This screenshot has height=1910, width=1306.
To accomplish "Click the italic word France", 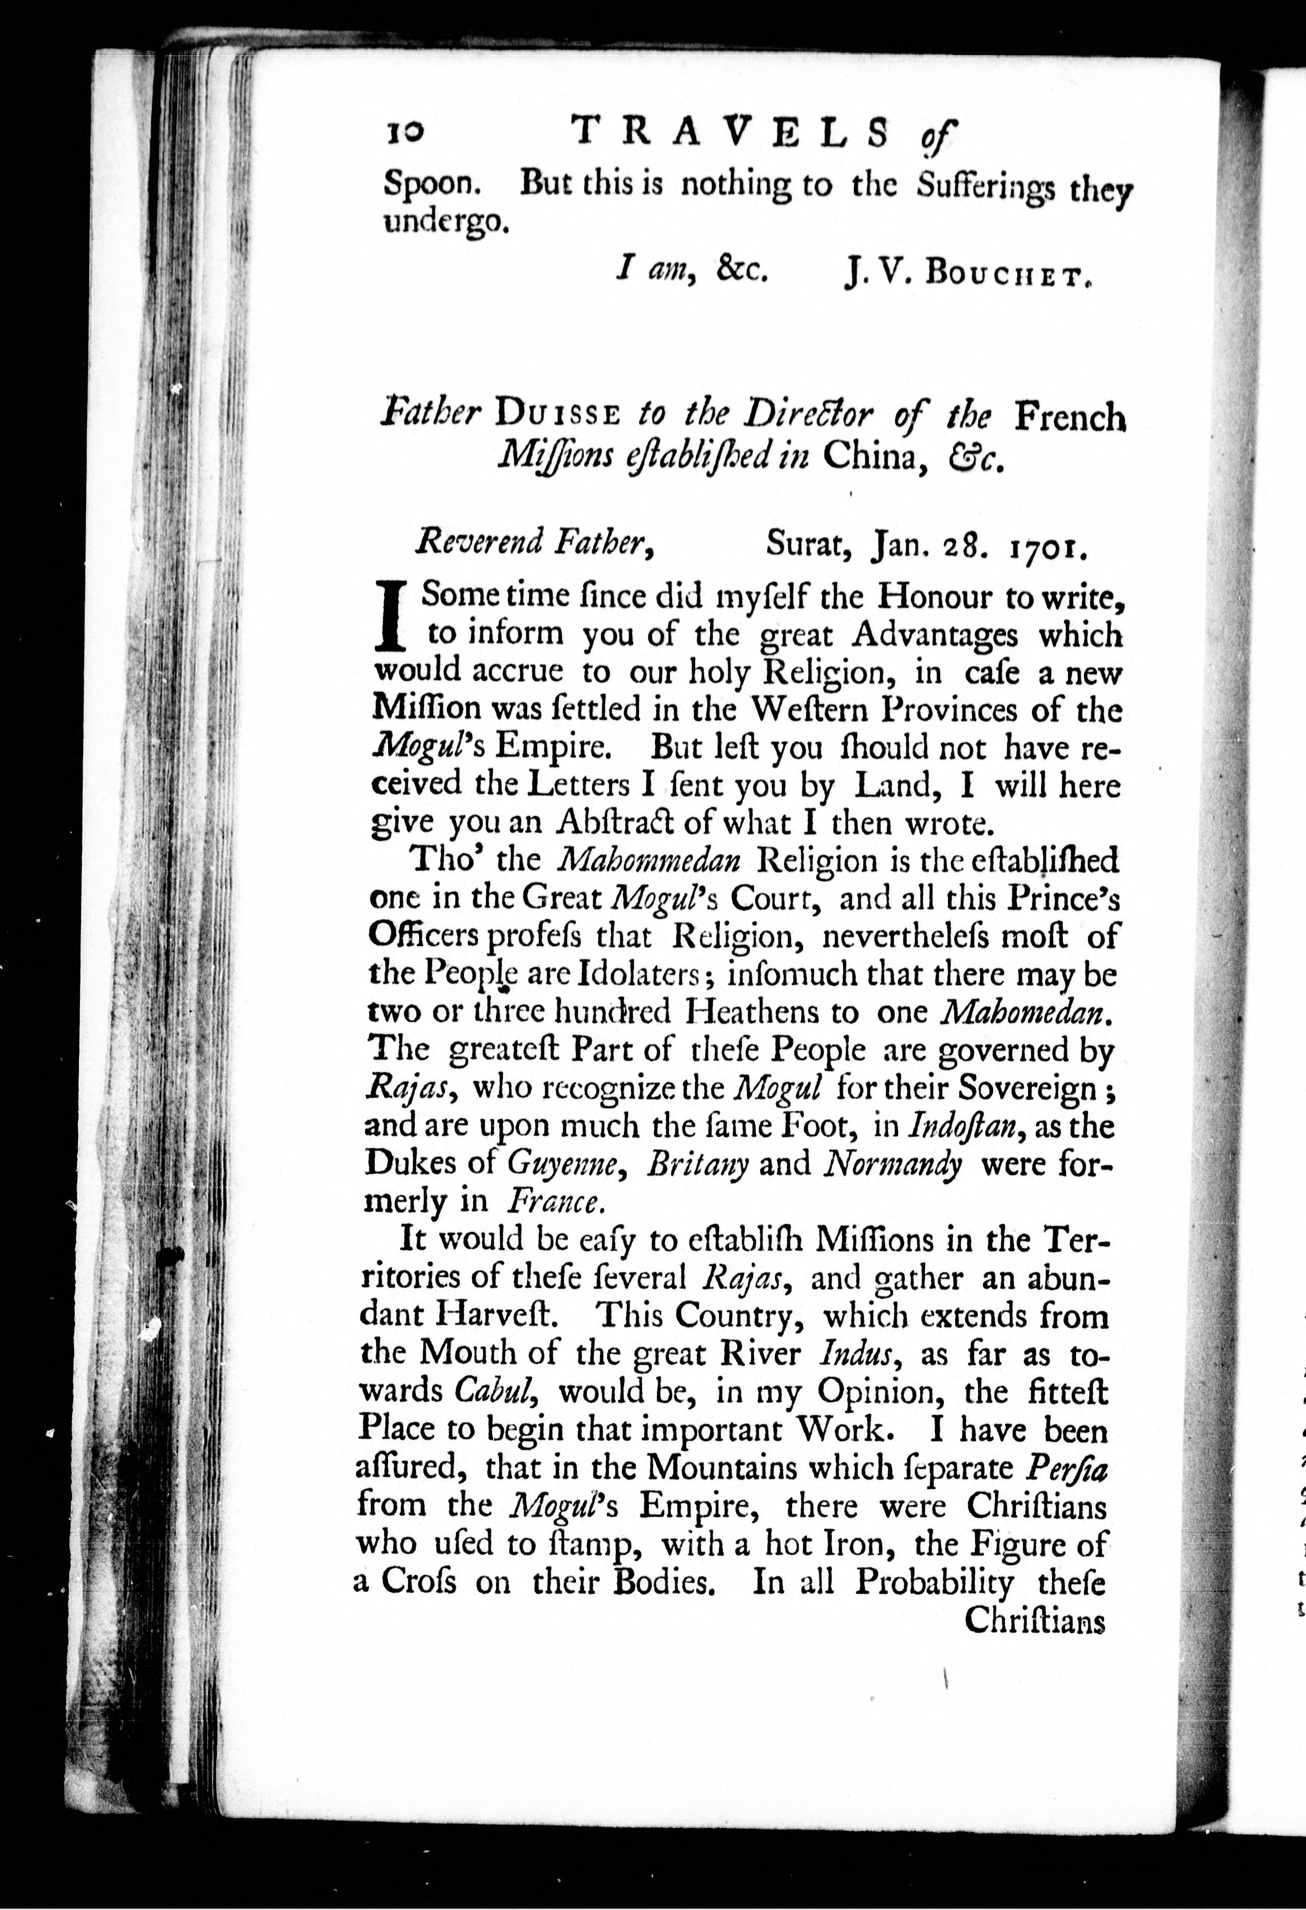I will (x=556, y=1202).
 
